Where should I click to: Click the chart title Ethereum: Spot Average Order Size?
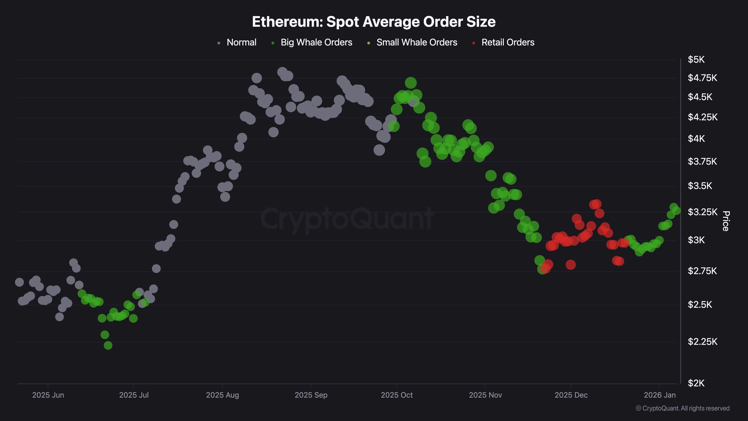pos(374,22)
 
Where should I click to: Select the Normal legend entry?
pos(241,42)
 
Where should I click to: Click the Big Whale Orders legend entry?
pos(316,42)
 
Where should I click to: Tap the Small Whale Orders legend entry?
pos(417,42)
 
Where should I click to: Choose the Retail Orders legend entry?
pos(508,42)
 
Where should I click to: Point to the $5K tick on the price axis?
pos(696,60)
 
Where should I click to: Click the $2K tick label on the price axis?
pos(696,383)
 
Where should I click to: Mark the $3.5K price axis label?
pos(700,186)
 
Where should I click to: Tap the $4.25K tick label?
pos(702,117)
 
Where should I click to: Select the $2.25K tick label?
pos(702,341)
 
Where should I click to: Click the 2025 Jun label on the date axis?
pos(48,395)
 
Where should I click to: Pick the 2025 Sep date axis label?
pos(311,395)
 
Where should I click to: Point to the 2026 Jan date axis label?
pos(659,395)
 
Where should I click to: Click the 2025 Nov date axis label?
pos(485,395)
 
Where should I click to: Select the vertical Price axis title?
pos(726,221)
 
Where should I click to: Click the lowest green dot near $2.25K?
pos(108,345)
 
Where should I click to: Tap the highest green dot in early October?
pos(411,83)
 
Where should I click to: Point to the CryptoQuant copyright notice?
pos(683,408)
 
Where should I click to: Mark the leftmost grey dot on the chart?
pos(19,282)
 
